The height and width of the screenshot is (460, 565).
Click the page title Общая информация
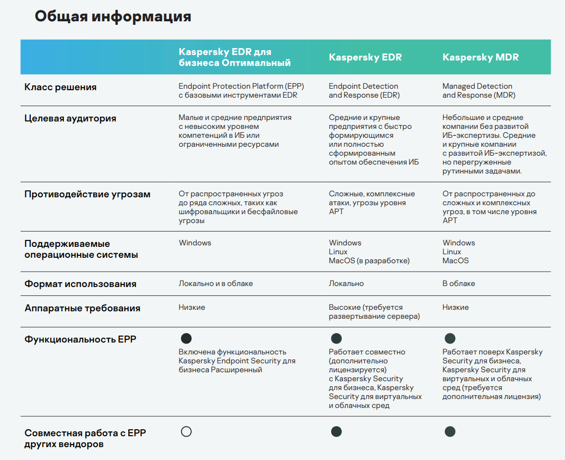point(113,16)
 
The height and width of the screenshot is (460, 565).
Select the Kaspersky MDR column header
point(480,57)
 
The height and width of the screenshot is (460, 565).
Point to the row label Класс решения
point(60,87)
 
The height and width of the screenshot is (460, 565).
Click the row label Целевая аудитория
point(70,118)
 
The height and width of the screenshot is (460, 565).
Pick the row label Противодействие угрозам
point(87,194)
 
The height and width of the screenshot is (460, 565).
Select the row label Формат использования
point(80,284)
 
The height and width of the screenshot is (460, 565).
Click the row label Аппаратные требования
point(82,308)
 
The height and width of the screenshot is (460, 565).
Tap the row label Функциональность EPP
point(80,340)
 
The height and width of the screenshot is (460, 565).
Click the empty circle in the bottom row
point(186,432)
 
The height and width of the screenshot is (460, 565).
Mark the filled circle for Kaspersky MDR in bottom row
point(450,432)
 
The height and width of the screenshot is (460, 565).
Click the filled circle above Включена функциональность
point(186,339)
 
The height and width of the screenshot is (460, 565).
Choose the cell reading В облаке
point(458,284)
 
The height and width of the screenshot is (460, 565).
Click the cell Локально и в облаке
point(216,284)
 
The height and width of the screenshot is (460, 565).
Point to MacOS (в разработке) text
point(369,261)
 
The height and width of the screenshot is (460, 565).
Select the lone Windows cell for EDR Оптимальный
point(195,243)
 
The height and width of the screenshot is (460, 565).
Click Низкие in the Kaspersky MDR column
point(455,307)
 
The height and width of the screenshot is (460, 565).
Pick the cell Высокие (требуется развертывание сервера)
point(374,312)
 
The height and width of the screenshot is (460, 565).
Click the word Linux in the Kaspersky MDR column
point(452,252)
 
